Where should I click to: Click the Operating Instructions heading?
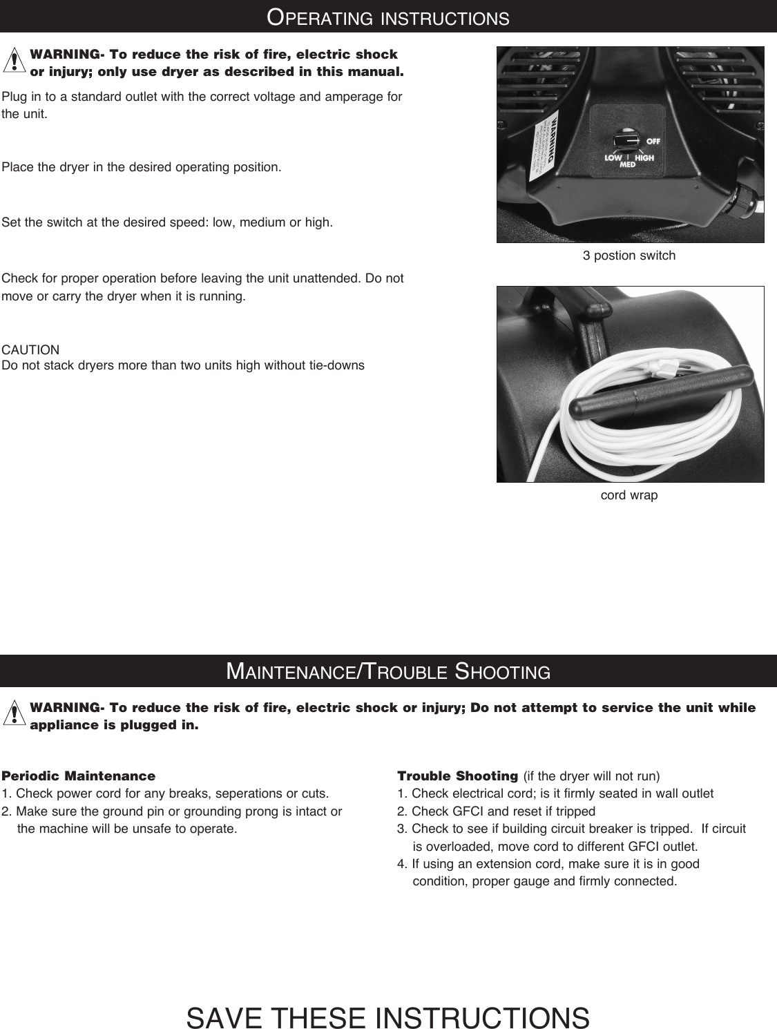(x=388, y=17)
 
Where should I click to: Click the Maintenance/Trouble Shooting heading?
(x=388, y=671)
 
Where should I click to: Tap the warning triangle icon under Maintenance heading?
(x=14, y=715)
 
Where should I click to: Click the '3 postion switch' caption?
(x=629, y=256)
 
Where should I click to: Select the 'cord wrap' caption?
(x=629, y=495)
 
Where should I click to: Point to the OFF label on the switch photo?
(x=653, y=141)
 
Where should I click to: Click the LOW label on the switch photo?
(x=613, y=157)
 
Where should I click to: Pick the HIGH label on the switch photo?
(x=644, y=157)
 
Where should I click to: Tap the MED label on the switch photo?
(x=628, y=165)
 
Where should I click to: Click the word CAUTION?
(x=31, y=350)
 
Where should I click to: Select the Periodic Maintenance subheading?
(x=79, y=776)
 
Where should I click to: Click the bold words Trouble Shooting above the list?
(x=457, y=776)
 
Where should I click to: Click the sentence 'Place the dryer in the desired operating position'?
(x=142, y=168)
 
